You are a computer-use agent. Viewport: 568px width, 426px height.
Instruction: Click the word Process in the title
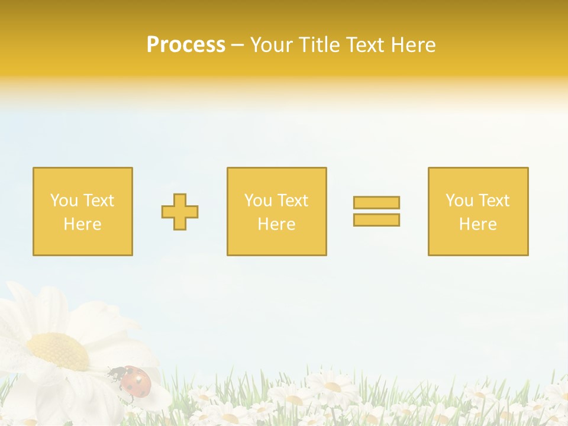click(186, 45)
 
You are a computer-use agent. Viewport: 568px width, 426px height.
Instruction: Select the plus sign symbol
click(180, 212)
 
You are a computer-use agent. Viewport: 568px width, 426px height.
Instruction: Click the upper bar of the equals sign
click(376, 202)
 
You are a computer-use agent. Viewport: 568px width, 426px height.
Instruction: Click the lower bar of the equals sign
click(376, 220)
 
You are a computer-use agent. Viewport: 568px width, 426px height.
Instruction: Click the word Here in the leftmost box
click(82, 224)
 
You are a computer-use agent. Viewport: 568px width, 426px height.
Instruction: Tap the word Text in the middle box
click(292, 201)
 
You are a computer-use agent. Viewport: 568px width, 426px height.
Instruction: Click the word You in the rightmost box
click(459, 201)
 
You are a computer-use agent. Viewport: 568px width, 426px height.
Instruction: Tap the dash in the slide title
click(238, 46)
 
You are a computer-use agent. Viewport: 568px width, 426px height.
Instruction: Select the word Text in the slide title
click(363, 45)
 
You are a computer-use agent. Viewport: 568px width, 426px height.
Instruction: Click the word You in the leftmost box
click(64, 201)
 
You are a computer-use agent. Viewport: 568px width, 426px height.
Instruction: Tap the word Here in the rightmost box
click(477, 224)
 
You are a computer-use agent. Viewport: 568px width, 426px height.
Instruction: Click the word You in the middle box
click(258, 201)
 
